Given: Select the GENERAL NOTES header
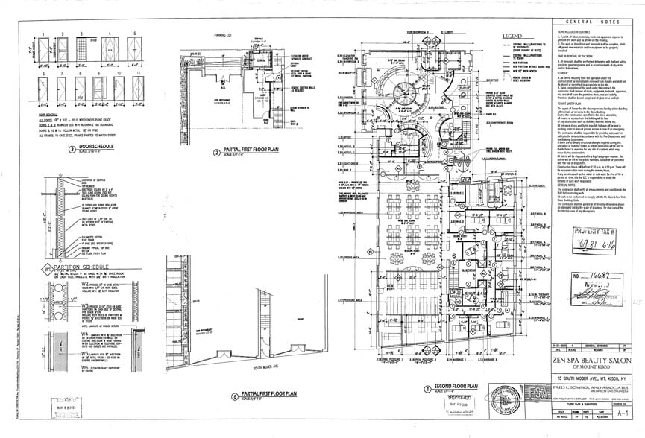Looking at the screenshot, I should click(594, 23).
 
